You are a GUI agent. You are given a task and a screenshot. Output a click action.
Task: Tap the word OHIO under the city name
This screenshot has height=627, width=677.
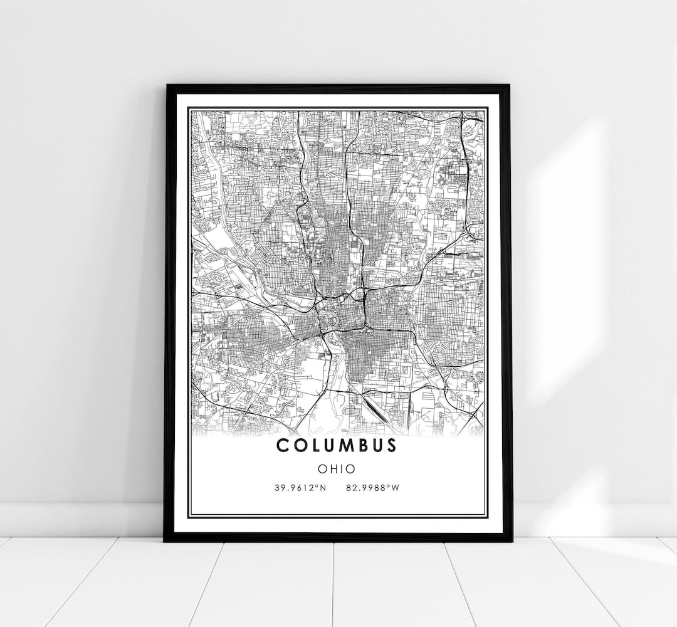pos(337,468)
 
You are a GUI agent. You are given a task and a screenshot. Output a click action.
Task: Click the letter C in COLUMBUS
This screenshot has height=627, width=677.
pos(281,445)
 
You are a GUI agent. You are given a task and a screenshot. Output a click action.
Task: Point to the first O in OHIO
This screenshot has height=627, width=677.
pos(322,468)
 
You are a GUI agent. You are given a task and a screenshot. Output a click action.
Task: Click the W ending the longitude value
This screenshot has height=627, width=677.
pos(395,488)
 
